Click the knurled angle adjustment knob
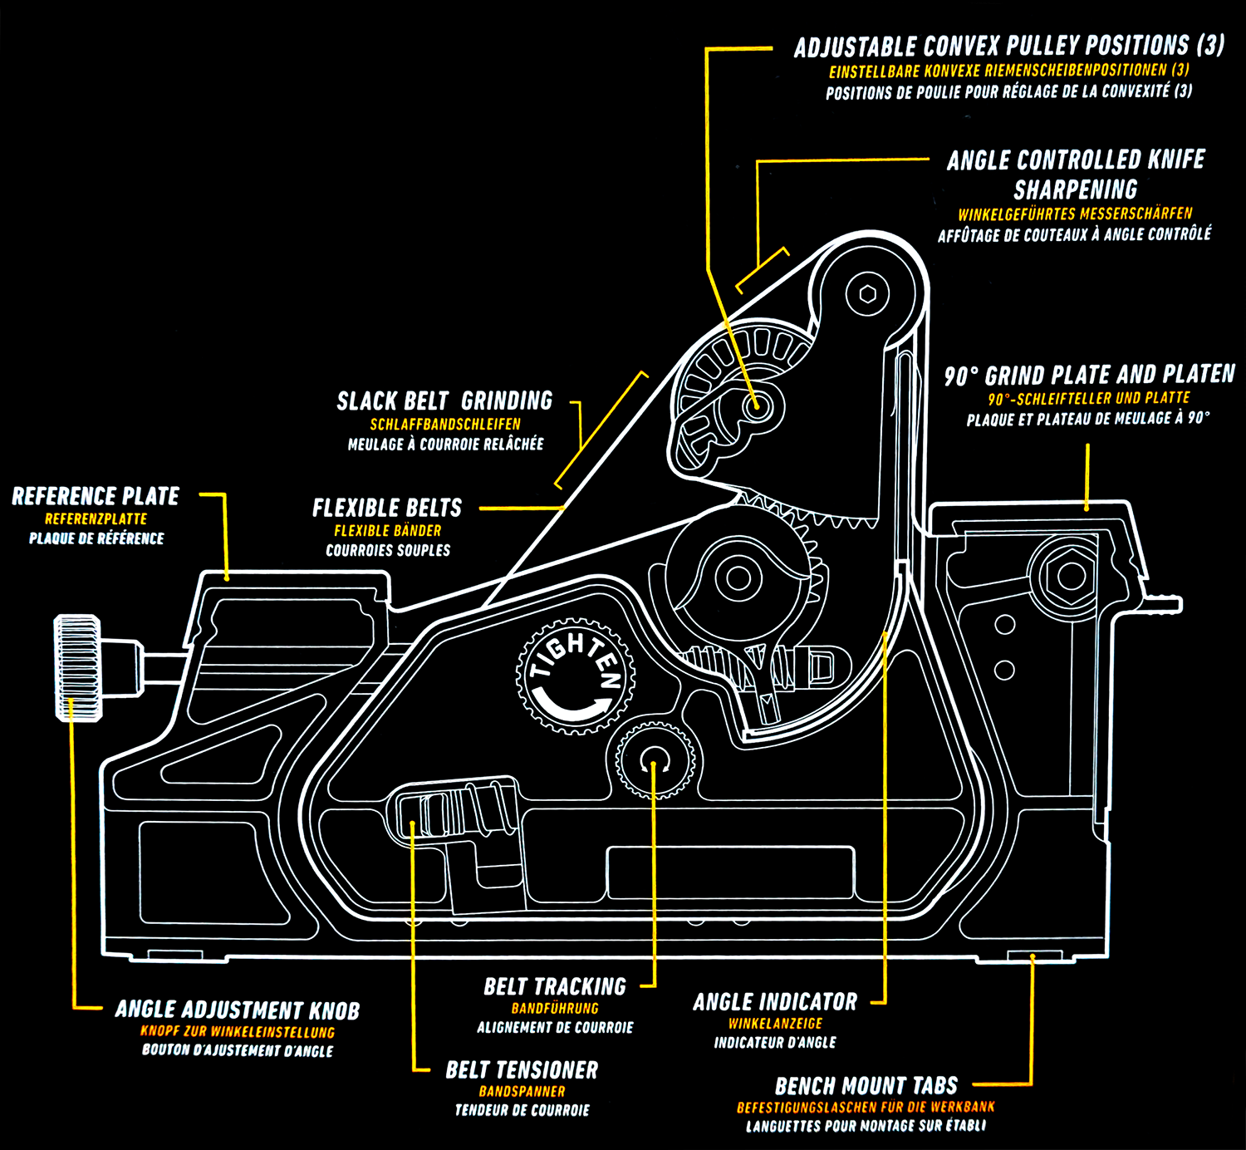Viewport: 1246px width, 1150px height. coord(77,667)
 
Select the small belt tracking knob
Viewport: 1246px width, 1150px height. coord(655,760)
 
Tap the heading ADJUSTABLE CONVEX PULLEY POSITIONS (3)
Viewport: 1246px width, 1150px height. coord(1008,47)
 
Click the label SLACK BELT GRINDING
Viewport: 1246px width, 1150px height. coord(444,401)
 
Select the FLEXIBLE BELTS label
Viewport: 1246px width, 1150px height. coord(387,508)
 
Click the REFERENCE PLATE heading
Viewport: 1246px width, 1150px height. coord(96,497)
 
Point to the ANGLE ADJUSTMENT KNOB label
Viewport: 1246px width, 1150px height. coord(238,1010)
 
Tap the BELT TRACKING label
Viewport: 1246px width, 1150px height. coord(555,987)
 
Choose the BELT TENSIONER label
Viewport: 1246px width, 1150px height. coord(522,1070)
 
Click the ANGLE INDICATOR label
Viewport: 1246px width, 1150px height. coord(775,1002)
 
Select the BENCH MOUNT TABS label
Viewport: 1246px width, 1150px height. coord(866,1086)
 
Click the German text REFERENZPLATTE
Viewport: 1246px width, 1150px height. coord(96,518)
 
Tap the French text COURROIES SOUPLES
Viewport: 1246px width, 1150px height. coord(388,550)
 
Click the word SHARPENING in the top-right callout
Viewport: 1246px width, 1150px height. coord(1075,189)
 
